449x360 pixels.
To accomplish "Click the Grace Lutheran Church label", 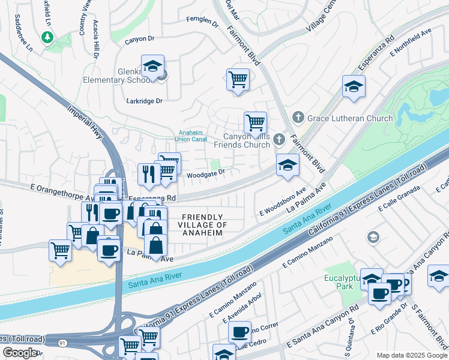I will point(350,118).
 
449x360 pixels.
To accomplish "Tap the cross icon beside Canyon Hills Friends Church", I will point(278,140).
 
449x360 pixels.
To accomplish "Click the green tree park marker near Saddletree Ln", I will point(47,38).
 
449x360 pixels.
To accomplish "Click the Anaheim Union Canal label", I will point(192,136).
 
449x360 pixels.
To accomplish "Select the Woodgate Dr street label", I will point(205,173).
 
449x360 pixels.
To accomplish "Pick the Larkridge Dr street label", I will point(145,101).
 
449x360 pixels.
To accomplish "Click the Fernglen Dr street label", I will point(203,22).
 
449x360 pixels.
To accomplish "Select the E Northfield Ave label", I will point(411,43).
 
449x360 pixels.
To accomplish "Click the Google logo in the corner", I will point(20,353).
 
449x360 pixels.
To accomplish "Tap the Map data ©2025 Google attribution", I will point(412,355).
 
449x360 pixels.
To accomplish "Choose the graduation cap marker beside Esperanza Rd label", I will point(354,86).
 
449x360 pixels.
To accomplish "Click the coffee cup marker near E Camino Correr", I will point(240,331).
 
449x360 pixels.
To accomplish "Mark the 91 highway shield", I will point(62,343).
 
